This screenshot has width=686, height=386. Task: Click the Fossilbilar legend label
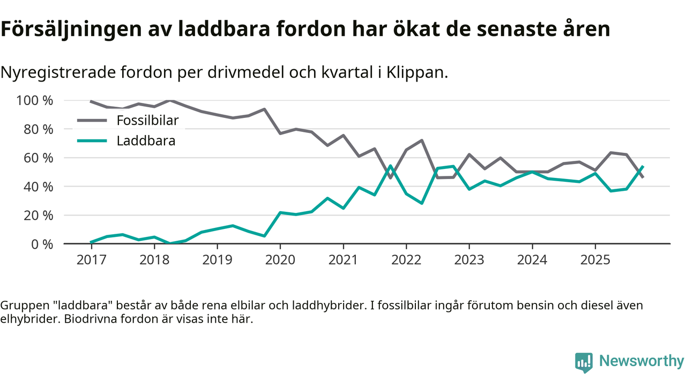[x=147, y=121]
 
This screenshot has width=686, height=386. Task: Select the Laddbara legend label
[x=146, y=142]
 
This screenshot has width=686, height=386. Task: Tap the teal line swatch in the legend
[x=92, y=142]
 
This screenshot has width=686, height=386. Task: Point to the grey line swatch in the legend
[x=92, y=121]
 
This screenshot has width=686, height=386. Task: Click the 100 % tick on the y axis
[x=35, y=100]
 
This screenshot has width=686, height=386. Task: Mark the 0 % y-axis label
[x=42, y=244]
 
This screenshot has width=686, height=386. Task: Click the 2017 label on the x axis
[x=91, y=260]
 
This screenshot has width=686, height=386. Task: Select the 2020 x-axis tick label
[x=280, y=260]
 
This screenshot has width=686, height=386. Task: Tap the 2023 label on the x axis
[x=469, y=260]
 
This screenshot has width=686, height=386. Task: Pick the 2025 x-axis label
[x=595, y=260]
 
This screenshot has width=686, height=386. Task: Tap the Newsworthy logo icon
[x=584, y=362]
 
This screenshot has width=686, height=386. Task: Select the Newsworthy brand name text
[x=642, y=361]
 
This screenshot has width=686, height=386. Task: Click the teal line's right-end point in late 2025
[x=643, y=167]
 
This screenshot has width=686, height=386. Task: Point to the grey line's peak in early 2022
[x=422, y=140]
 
